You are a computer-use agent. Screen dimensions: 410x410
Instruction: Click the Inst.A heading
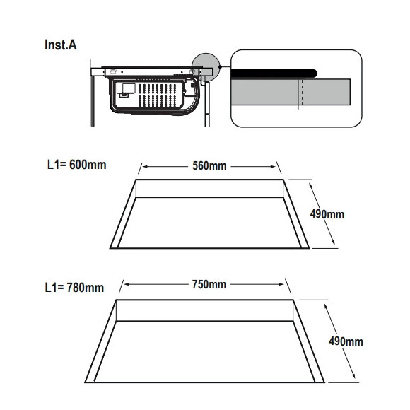coord(61,45)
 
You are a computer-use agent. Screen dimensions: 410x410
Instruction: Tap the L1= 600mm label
coord(76,165)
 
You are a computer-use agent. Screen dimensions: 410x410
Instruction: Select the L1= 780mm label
coord(74,288)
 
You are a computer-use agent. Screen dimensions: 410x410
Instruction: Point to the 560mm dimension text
coord(209,166)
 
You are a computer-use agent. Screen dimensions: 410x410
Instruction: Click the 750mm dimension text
coord(209,284)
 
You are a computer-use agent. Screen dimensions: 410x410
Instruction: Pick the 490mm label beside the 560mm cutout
coord(327,214)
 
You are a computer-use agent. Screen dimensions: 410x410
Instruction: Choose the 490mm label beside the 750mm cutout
coord(346,341)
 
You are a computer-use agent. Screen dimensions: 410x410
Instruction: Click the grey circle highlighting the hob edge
coord(206,67)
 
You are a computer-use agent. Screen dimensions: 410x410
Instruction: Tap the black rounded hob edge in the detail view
coord(274,74)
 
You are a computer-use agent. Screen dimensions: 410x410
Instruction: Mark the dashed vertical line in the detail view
coord(303,92)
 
